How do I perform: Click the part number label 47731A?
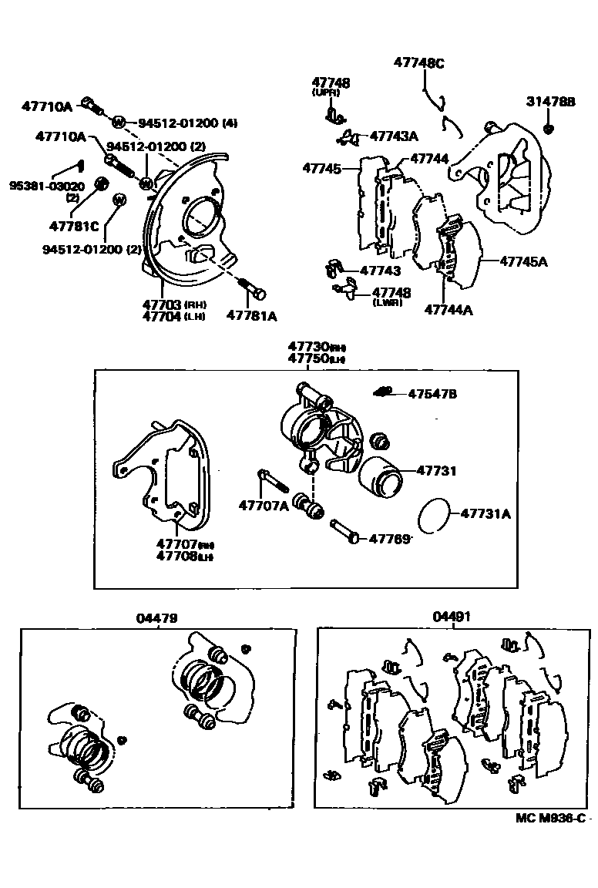tap(485, 513)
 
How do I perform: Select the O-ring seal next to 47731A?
tap(435, 514)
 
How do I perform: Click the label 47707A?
tap(263, 506)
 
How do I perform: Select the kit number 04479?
tap(157, 617)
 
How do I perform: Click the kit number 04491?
tap(452, 617)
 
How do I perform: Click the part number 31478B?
tap(550, 102)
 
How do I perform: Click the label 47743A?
tap(393, 136)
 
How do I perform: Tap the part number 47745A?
tap(523, 261)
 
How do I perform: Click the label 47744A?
tap(448, 310)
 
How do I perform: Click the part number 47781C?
tap(74, 226)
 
